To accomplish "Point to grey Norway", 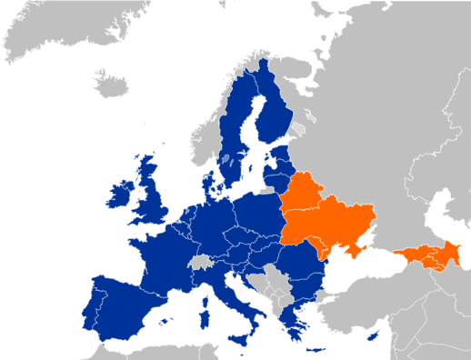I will pos(214,136).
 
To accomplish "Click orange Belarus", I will pos(305,195).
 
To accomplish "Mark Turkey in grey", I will pos(364,305).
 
